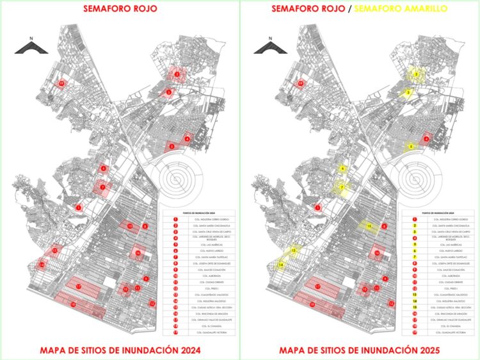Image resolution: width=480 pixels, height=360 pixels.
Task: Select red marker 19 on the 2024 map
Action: coord(61,83)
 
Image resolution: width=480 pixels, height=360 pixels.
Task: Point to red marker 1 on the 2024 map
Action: coord(78,208)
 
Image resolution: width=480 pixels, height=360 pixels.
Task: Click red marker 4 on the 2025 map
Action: coord(427,138)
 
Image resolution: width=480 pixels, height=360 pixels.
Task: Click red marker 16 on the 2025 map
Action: coord(378,254)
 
